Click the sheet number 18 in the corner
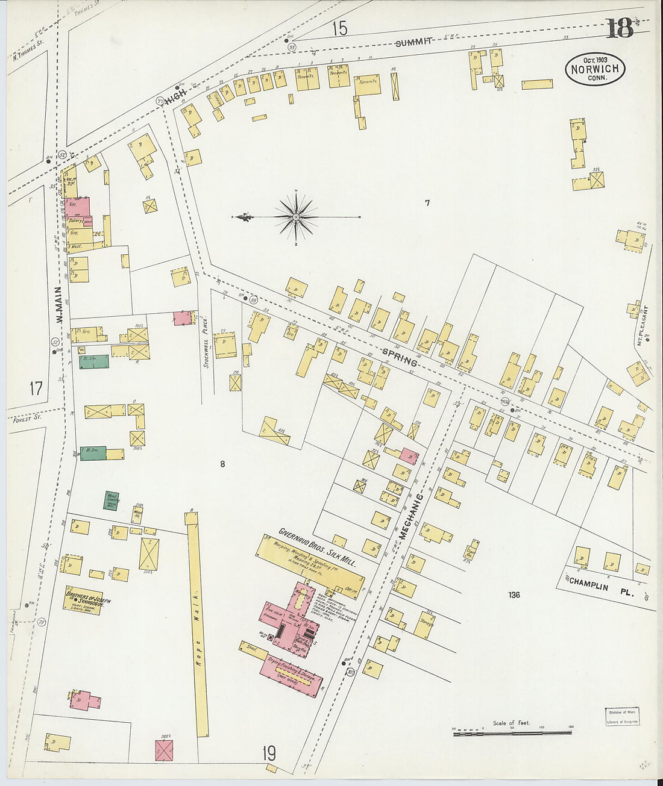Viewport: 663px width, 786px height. coord(619,28)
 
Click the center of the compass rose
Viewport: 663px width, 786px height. coord(297,216)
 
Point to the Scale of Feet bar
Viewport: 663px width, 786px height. coord(512,732)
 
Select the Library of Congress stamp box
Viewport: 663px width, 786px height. coord(622,716)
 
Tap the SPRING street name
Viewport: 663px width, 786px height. coord(400,357)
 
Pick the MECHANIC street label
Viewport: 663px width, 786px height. coord(410,516)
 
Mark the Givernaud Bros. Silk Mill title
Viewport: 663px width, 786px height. coord(316,549)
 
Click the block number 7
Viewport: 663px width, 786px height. coord(427,203)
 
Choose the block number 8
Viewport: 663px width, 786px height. coord(222,464)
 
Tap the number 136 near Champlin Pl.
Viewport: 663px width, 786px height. coord(514,595)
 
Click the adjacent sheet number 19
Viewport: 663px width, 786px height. coord(269,753)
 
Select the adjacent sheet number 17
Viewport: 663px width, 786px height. coord(36,388)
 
